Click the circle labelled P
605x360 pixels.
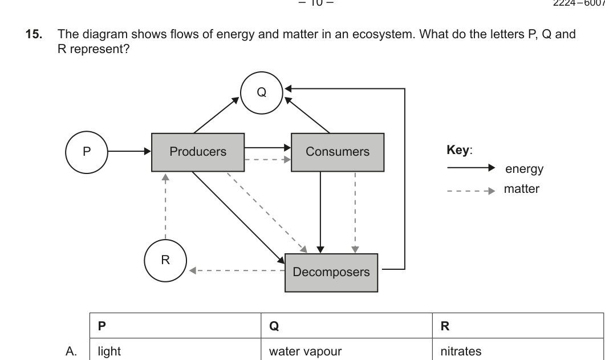(87, 152)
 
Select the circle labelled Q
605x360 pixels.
(261, 92)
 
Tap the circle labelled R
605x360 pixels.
(165, 260)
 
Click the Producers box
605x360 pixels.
(198, 152)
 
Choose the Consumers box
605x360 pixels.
(338, 152)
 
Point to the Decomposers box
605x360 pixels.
(331, 272)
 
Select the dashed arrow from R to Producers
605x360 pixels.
(165, 205)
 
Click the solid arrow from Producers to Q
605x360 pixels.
(216, 115)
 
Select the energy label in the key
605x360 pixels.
(524, 169)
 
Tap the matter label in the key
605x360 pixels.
(521, 189)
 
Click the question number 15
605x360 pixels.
(33, 34)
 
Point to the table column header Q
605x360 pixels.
(273, 326)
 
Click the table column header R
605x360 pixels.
(445, 326)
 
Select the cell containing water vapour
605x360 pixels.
(305, 351)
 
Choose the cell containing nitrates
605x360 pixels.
(461, 351)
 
